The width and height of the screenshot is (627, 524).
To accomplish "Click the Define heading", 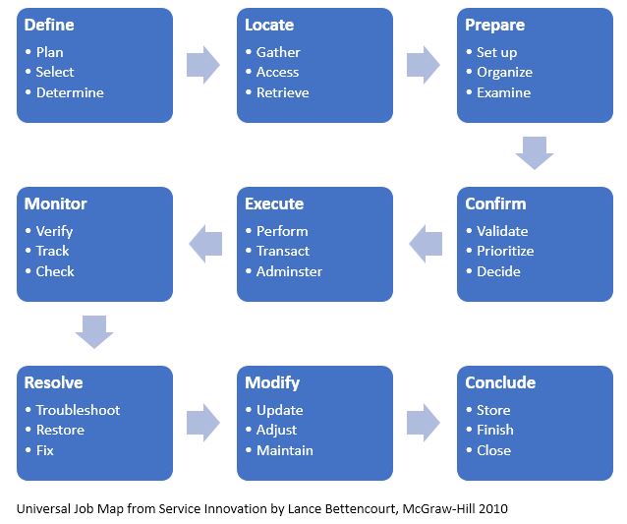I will (x=49, y=25).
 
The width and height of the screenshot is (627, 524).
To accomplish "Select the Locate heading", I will (x=269, y=25).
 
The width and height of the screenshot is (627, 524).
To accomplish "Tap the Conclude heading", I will (x=500, y=382).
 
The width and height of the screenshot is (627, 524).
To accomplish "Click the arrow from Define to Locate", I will (x=203, y=65).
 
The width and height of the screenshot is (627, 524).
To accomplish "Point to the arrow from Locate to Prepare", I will (x=424, y=65).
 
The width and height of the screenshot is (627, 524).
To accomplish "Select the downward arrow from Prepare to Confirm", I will (x=535, y=153).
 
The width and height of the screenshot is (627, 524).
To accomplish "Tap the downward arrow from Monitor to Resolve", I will (x=94, y=332).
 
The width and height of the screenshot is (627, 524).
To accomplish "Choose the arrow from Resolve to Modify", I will (x=203, y=423).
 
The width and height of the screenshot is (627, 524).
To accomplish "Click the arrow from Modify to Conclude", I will (x=424, y=423).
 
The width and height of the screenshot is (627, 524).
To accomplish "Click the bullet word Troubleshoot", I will (x=78, y=410).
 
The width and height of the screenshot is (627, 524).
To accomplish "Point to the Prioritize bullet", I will (x=505, y=251).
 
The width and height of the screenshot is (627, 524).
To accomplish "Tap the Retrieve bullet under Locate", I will (x=283, y=92).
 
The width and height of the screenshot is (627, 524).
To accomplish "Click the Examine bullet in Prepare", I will (x=503, y=92).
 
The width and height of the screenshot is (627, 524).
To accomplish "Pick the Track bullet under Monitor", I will (x=53, y=251).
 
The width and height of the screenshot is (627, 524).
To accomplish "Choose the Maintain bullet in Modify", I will (x=285, y=450).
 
